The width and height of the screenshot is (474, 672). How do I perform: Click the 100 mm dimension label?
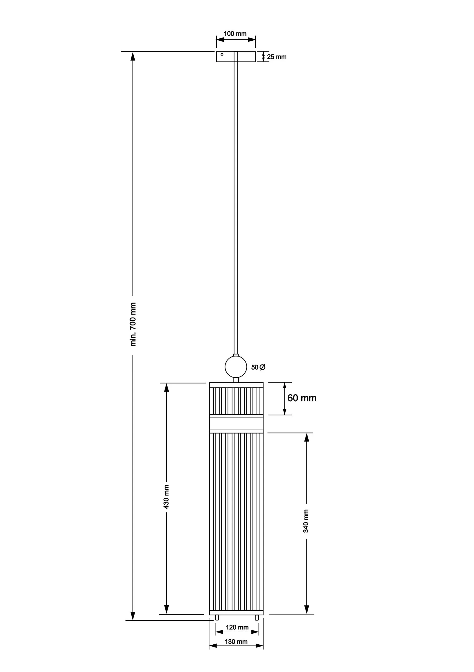[235, 34]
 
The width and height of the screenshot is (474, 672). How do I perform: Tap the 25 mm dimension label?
[277, 57]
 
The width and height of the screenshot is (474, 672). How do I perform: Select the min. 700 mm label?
[133, 324]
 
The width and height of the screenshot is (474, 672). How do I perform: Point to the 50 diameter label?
[258, 367]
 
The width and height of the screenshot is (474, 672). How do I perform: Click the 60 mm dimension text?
[302, 398]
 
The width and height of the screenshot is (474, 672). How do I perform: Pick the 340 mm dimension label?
[306, 521]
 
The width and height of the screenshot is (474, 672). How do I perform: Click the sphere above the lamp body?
[236, 367]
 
